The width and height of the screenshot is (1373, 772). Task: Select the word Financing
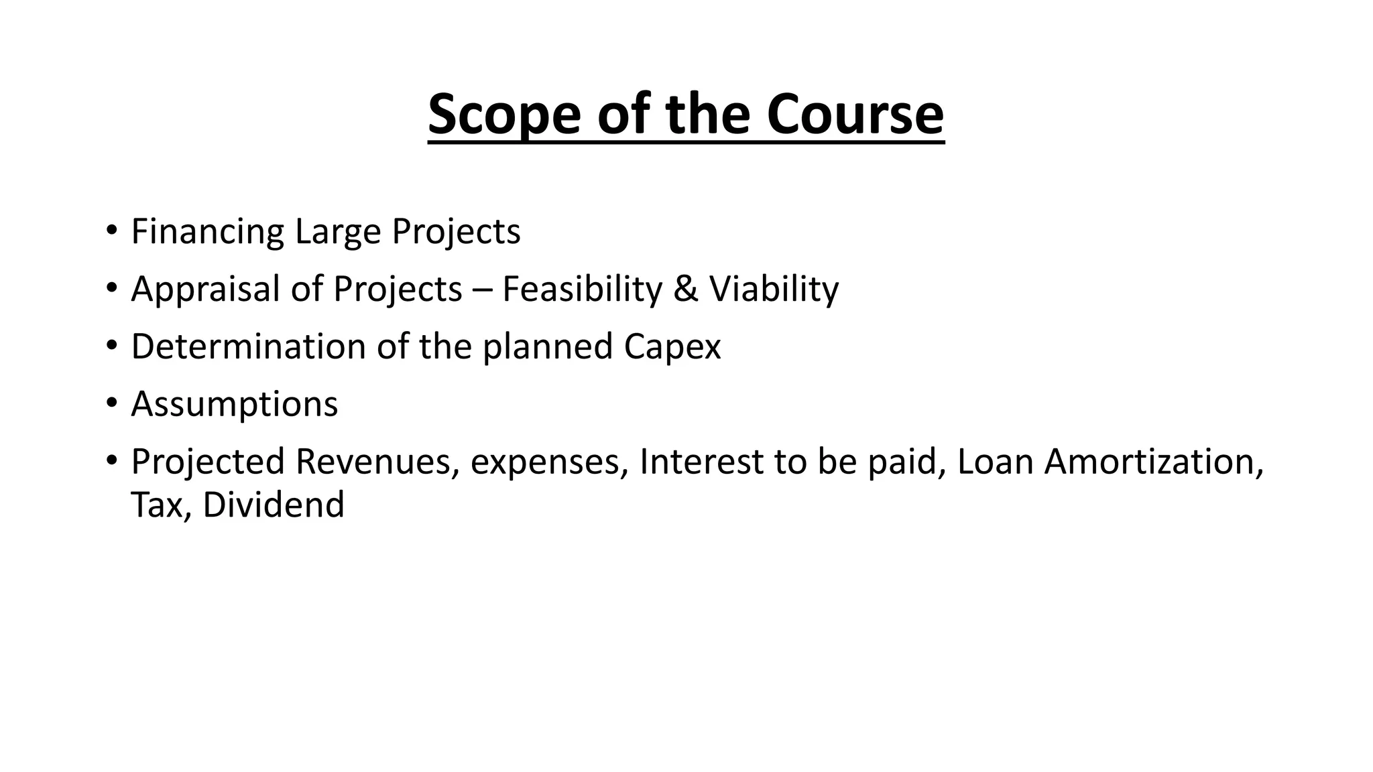(x=208, y=232)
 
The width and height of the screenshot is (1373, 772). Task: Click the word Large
(x=337, y=232)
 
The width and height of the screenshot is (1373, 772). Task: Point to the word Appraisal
(x=206, y=289)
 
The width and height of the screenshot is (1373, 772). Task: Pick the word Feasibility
(x=582, y=289)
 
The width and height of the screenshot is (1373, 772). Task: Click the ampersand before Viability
(x=685, y=289)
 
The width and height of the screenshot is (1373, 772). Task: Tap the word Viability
(x=774, y=289)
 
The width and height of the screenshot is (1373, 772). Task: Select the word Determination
(x=248, y=346)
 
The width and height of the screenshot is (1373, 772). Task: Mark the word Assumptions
(x=235, y=405)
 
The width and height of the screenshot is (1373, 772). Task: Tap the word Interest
(x=701, y=462)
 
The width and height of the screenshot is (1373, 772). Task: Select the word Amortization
(x=1153, y=462)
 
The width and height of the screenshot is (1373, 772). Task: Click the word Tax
(x=155, y=505)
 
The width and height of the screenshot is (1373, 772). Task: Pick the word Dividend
(x=274, y=505)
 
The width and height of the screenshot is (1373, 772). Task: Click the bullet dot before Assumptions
(x=111, y=405)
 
